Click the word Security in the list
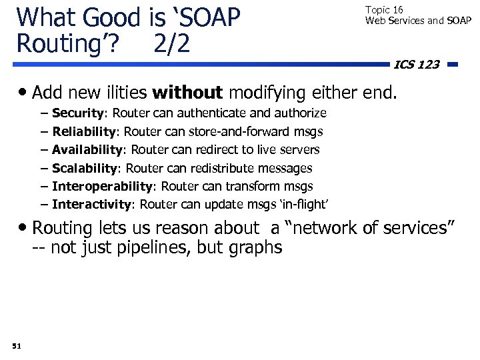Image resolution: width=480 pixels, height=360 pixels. (75, 113)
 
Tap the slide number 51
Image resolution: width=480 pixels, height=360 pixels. (17, 345)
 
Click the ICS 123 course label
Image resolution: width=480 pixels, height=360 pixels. (417, 65)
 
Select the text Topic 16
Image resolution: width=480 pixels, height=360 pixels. (384, 10)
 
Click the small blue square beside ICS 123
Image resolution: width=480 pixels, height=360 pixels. (453, 65)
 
